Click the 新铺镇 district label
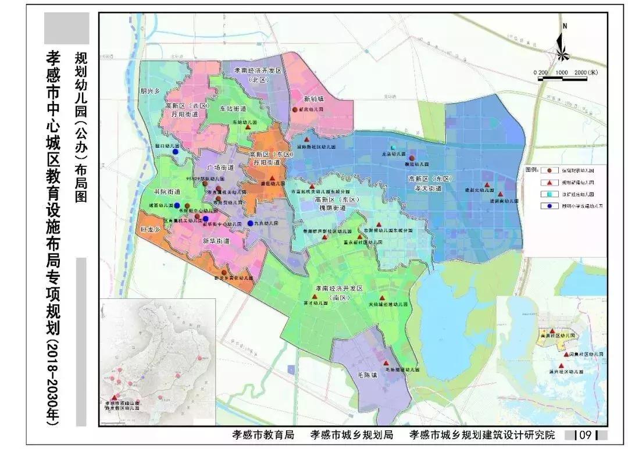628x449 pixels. (x=313, y=99)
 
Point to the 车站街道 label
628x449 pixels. (x=233, y=109)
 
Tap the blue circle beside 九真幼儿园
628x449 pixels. (x=250, y=223)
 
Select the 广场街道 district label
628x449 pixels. (x=220, y=167)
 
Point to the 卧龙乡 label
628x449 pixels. (x=150, y=229)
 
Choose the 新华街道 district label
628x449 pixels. (x=216, y=240)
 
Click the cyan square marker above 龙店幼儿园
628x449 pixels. (x=392, y=148)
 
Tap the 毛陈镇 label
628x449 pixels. (x=367, y=375)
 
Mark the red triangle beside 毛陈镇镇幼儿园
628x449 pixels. (x=385, y=363)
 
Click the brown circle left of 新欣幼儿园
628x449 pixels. (x=295, y=109)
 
